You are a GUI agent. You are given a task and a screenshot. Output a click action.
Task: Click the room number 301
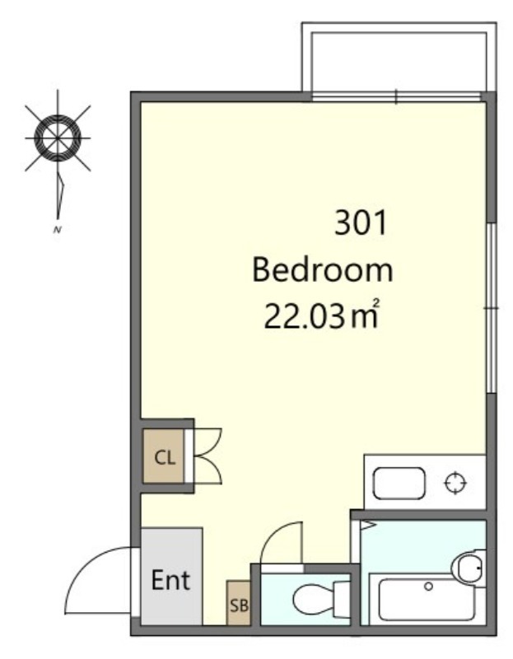(x=360, y=223)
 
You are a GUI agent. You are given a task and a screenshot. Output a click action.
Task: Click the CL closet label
(x=165, y=457)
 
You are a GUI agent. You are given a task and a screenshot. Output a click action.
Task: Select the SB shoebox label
(x=239, y=605)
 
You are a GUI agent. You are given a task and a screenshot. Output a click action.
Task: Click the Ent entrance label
(x=170, y=580)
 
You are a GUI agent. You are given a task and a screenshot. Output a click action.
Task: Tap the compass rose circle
(x=57, y=138)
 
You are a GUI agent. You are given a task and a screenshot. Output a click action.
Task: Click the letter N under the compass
(x=57, y=230)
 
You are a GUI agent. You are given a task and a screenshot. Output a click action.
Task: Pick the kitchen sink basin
(x=399, y=484)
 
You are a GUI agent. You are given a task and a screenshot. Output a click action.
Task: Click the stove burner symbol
(x=455, y=483)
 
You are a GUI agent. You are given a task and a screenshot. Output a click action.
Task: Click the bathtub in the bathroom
(x=427, y=600)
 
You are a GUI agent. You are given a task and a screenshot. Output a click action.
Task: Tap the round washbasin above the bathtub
(x=469, y=568)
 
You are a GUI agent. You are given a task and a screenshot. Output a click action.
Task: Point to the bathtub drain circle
(x=428, y=587)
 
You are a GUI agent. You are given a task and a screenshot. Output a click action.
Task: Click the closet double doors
(x=208, y=456)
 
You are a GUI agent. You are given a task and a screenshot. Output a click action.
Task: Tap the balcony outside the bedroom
(x=399, y=58)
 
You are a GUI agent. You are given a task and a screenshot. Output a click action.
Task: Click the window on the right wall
(x=492, y=307)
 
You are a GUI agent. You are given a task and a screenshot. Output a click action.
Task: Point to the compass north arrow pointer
(x=60, y=194)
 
